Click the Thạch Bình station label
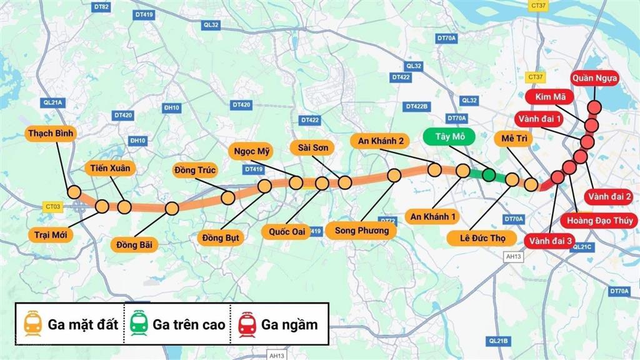tap(51, 133)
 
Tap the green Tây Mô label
tap(448, 137)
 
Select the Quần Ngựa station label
tap(594, 79)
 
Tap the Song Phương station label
tap(361, 231)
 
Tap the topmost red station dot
tap(594, 107)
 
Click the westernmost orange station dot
tap(74, 192)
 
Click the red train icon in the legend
tap(247, 324)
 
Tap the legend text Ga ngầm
tap(289, 324)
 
